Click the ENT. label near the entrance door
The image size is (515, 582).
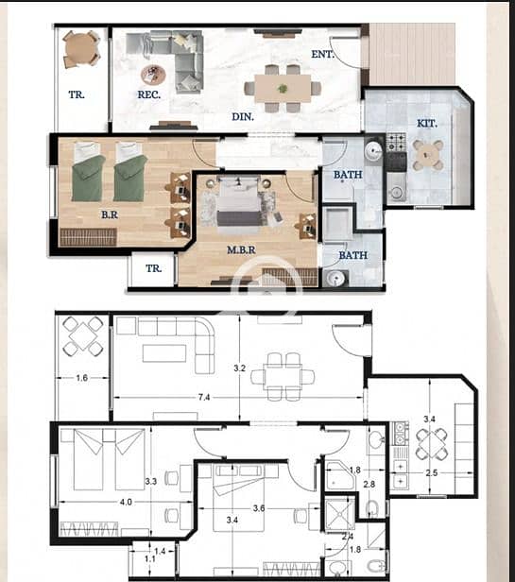point(322,54)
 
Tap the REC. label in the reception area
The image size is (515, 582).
point(149,94)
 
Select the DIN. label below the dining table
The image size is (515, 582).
point(243,117)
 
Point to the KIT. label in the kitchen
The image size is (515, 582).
point(426,124)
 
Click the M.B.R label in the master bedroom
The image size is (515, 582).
point(241,250)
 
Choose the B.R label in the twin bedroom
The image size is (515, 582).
point(110,214)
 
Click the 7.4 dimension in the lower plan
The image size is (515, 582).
point(204,398)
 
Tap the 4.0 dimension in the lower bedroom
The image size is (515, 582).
point(126,503)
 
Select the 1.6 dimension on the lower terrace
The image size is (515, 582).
point(81,378)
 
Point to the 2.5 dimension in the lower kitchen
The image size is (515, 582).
point(432,473)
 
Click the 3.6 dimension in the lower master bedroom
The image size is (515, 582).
point(259,508)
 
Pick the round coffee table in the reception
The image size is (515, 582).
point(152,75)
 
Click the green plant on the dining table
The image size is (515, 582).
point(283,89)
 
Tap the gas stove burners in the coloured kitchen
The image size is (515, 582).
point(396,142)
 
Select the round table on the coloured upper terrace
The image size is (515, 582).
point(81,49)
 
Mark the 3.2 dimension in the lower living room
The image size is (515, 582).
point(239,368)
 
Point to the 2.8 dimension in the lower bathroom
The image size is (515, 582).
point(369,485)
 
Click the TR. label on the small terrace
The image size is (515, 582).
point(153,268)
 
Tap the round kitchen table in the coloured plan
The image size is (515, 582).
point(428,155)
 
